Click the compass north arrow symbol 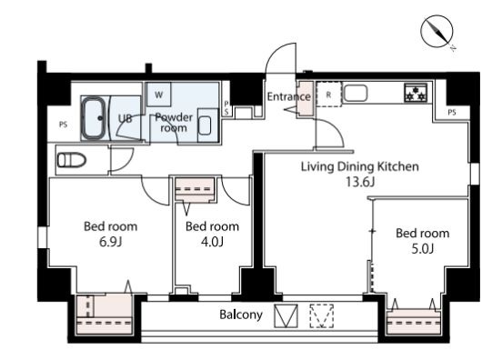pyautogui.click(x=437, y=31)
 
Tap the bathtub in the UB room pyautogui.click(x=94, y=118)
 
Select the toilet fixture pyautogui.click(x=72, y=160)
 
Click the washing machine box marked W pyautogui.click(x=159, y=95)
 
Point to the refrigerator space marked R pyautogui.click(x=328, y=95)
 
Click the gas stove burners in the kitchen pyautogui.click(x=416, y=93)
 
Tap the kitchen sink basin pyautogui.click(x=356, y=93)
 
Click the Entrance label pyautogui.click(x=289, y=96)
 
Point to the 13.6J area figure pyautogui.click(x=360, y=182)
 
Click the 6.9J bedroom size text pyautogui.click(x=110, y=242)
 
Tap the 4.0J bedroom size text pyautogui.click(x=212, y=242)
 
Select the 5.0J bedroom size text pyautogui.click(x=422, y=249)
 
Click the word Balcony pyautogui.click(x=241, y=315)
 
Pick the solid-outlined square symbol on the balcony pyautogui.click(x=286, y=315)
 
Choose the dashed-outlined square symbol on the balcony pyautogui.click(x=321, y=315)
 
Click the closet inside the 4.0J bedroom pyautogui.click(x=195, y=189)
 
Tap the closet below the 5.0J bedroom pyautogui.click(x=414, y=322)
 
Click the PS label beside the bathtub pyautogui.click(x=64, y=125)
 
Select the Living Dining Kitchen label pyautogui.click(x=360, y=166)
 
